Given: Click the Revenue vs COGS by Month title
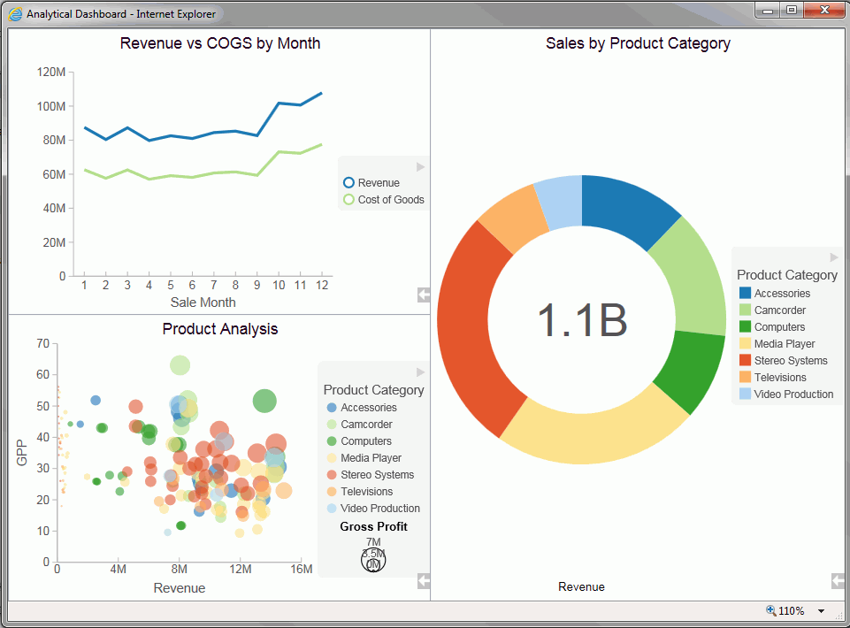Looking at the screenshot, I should coord(219,43).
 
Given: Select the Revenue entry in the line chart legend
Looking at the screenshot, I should coord(378,183).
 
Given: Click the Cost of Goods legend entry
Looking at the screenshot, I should coord(390,200).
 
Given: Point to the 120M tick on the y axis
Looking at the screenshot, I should coord(51,72).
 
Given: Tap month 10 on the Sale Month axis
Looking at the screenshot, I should coord(279,286).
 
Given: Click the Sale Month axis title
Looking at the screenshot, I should coord(203,303).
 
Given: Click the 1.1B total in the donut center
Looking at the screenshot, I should coord(581,320).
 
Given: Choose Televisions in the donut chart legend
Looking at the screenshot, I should coord(779,378).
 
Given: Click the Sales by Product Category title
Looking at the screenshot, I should coord(638,43).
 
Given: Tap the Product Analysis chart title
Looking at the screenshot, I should coord(219,329).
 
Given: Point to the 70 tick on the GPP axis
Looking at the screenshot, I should coord(42,343).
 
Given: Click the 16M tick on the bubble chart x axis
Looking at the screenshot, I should coord(301,570).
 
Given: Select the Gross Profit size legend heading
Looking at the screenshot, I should coord(373,527).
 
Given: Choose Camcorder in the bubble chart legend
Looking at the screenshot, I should coord(366,425).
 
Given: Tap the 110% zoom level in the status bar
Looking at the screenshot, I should coord(791,611).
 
